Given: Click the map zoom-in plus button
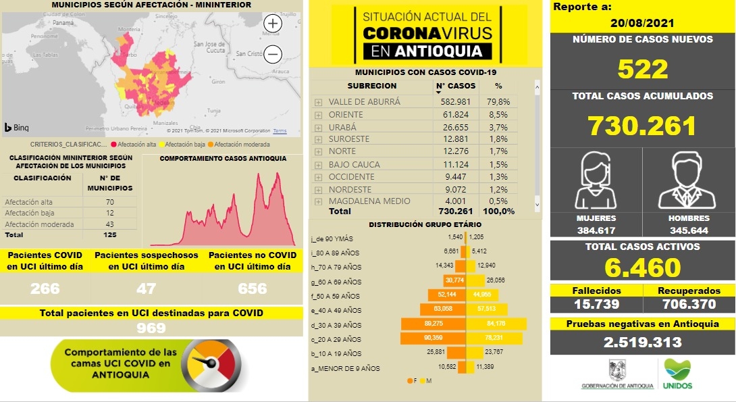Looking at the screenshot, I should coord(273,24).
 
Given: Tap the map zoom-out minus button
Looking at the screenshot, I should coord(273,54).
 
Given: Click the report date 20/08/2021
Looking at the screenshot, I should coord(643,22).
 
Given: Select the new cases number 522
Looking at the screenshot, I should coord(642,69).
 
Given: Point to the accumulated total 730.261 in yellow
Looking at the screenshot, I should coord(641,126).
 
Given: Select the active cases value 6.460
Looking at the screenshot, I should coord(642,268).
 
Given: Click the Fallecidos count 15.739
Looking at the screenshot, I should coord(596,304).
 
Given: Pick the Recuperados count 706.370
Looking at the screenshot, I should coord(689,304).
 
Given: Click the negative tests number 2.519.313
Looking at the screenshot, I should coord(642,343).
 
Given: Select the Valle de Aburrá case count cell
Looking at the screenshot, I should coord(456,102).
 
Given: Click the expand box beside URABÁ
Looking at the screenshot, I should coord(318,127).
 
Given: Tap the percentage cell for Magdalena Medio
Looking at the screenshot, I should coord(499,201).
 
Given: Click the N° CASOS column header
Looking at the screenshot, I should coord(456,86).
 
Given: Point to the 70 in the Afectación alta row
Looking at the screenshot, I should coord(110,202).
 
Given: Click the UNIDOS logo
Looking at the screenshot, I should coord(677,374).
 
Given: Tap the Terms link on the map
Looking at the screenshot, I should coord(280,131).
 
